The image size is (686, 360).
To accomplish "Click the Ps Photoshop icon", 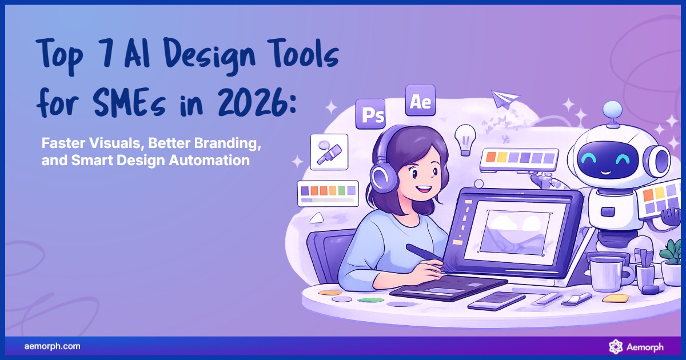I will tap(370, 114).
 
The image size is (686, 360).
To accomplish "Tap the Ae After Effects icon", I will tap(420, 101).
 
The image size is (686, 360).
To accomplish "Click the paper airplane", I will tap(505, 99).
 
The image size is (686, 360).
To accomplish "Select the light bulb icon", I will tap(465, 138).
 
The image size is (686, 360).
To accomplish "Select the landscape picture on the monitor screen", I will tap(513, 227).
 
